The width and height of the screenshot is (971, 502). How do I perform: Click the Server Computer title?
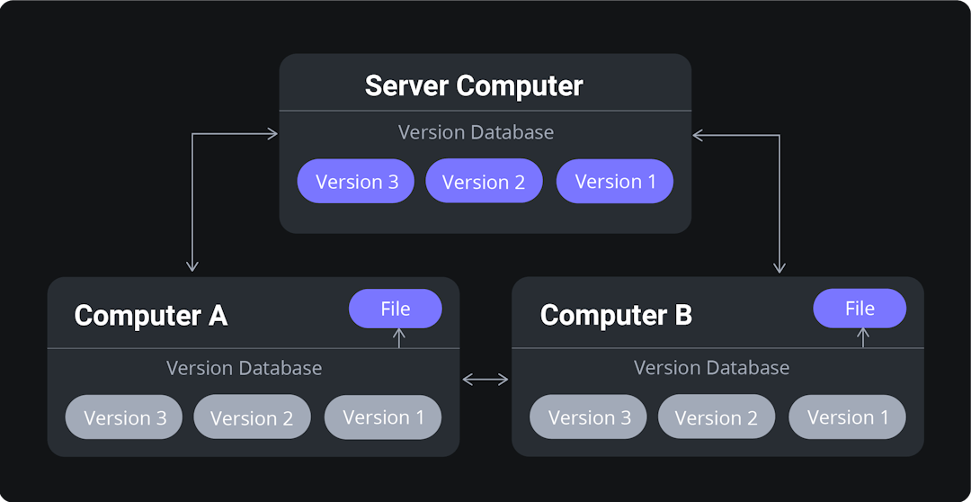tap(474, 86)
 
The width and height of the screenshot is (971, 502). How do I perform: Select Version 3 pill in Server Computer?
tap(356, 182)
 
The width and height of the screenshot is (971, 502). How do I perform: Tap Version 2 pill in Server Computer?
tap(484, 182)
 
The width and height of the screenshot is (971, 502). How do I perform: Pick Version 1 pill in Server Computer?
tap(615, 182)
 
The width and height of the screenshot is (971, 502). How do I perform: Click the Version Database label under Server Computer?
tap(476, 132)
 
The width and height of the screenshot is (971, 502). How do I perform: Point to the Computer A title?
tap(150, 316)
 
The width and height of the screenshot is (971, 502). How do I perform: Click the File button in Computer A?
tap(396, 309)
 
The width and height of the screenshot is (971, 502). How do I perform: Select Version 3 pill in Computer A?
tap(124, 417)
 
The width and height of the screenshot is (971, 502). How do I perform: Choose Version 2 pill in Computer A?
tap(252, 417)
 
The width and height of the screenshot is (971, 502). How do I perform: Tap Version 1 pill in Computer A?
tap(383, 417)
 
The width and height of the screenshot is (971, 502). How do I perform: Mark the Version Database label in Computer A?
tap(244, 368)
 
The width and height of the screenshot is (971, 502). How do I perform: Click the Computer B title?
tap(616, 316)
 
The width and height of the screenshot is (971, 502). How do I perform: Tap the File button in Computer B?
tap(860, 309)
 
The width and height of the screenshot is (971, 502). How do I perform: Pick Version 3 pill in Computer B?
tap(589, 417)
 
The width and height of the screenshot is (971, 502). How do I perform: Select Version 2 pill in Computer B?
tap(717, 417)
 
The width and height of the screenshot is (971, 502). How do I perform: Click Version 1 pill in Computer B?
tap(847, 417)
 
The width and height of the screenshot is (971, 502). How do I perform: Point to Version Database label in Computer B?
tap(711, 368)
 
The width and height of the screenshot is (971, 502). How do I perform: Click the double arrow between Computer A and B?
tap(485, 380)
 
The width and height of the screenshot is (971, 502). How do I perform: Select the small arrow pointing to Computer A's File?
tap(400, 337)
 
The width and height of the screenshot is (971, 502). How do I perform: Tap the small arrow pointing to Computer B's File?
tap(863, 337)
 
